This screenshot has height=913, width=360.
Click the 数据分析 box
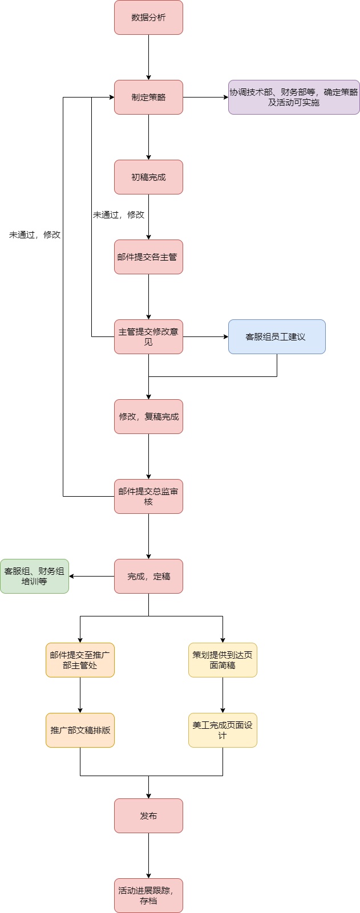click(148, 17)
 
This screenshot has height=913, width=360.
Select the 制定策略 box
click(148, 97)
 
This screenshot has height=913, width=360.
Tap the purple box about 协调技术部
click(294, 97)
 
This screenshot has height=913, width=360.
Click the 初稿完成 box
click(148, 177)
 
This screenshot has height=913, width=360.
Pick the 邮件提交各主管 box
click(148, 257)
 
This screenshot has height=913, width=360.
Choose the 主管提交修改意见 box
click(148, 336)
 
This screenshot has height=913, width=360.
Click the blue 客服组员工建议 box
click(277, 336)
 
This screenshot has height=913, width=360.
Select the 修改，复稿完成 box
click(148, 416)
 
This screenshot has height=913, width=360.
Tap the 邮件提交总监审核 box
click(148, 496)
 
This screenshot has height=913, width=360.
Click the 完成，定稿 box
click(148, 576)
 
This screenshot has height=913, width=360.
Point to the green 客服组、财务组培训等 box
click(34, 576)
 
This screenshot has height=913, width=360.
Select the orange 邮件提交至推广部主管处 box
click(80, 660)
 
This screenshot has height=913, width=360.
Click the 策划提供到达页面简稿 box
click(223, 660)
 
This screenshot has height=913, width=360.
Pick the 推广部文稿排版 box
click(80, 730)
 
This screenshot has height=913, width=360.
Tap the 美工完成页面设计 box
click(223, 730)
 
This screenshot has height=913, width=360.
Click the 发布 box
click(148, 815)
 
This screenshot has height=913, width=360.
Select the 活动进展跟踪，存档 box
click(148, 895)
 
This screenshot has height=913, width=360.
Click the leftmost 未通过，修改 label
click(35, 234)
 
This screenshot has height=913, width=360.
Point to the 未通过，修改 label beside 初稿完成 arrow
click(119, 214)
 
